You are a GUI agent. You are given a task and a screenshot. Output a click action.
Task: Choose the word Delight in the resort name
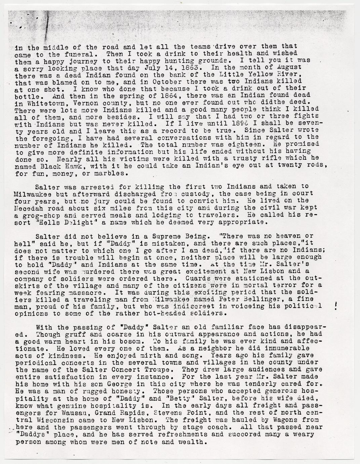point(80,223)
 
